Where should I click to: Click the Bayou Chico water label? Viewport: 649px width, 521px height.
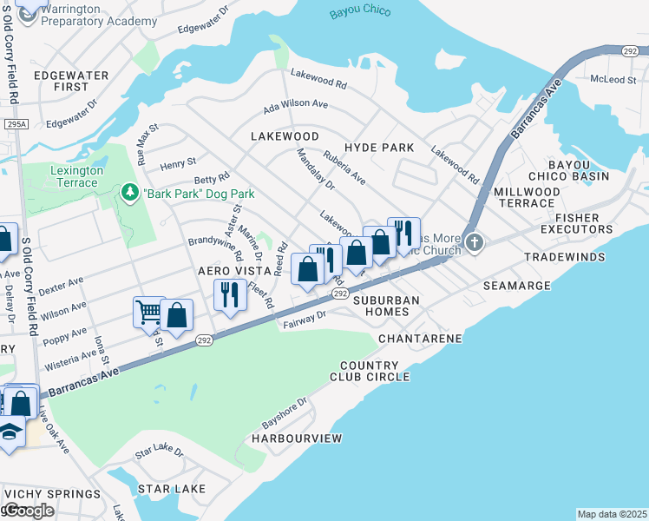pyautogui.click(x=360, y=11)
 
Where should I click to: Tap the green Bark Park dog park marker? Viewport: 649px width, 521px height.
pyautogui.click(x=130, y=190)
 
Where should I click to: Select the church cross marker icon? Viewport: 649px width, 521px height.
pyautogui.click(x=474, y=241)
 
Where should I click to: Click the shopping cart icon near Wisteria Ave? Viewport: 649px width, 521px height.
pyautogui.click(x=148, y=310)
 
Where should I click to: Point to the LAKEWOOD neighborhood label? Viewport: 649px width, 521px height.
pyautogui.click(x=285, y=136)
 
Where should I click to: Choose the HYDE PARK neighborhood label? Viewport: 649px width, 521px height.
pyautogui.click(x=379, y=148)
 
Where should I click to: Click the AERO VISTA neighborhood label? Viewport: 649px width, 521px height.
pyautogui.click(x=228, y=271)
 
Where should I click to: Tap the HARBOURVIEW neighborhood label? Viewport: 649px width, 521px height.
pyautogui.click(x=297, y=439)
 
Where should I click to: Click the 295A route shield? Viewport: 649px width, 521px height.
pyautogui.click(x=14, y=125)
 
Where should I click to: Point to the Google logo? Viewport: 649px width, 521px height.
pyautogui.click(x=28, y=511)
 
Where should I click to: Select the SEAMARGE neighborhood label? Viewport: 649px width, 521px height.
pyautogui.click(x=541, y=286)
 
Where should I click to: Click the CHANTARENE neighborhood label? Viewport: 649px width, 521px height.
pyautogui.click(x=420, y=337)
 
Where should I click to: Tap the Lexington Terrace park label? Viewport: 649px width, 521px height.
pyautogui.click(x=76, y=176)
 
